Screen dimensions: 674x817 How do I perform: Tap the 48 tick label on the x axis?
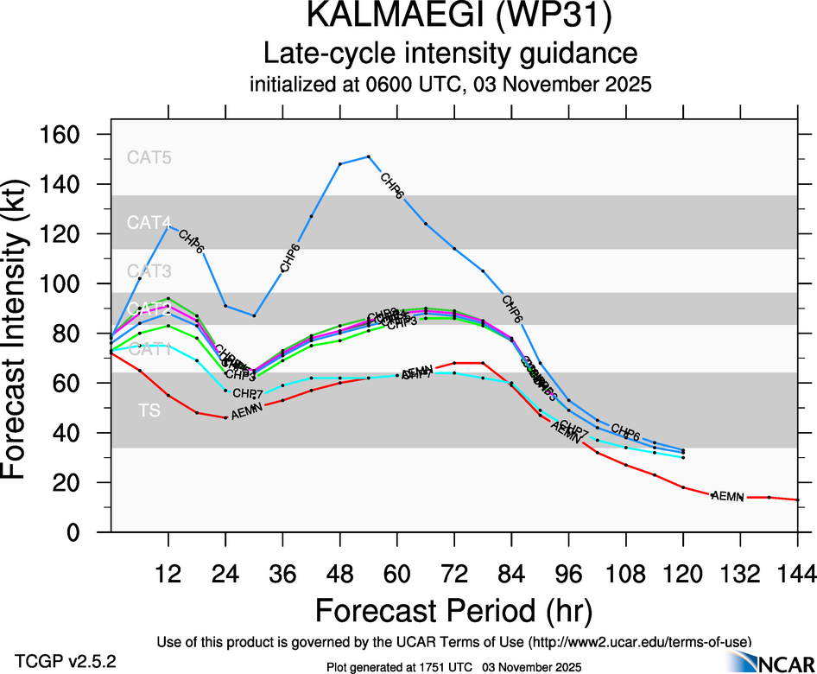coord(339,573)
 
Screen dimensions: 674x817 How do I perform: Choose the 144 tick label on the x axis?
coord(796,573)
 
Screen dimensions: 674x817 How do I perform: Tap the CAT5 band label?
coord(149,157)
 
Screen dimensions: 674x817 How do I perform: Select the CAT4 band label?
coord(149,223)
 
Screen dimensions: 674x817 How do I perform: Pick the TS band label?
coord(149,411)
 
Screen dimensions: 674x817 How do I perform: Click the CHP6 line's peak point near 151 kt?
coord(369,156)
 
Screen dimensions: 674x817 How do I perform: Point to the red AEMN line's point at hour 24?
coord(225,418)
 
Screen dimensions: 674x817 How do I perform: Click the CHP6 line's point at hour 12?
coord(168,226)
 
